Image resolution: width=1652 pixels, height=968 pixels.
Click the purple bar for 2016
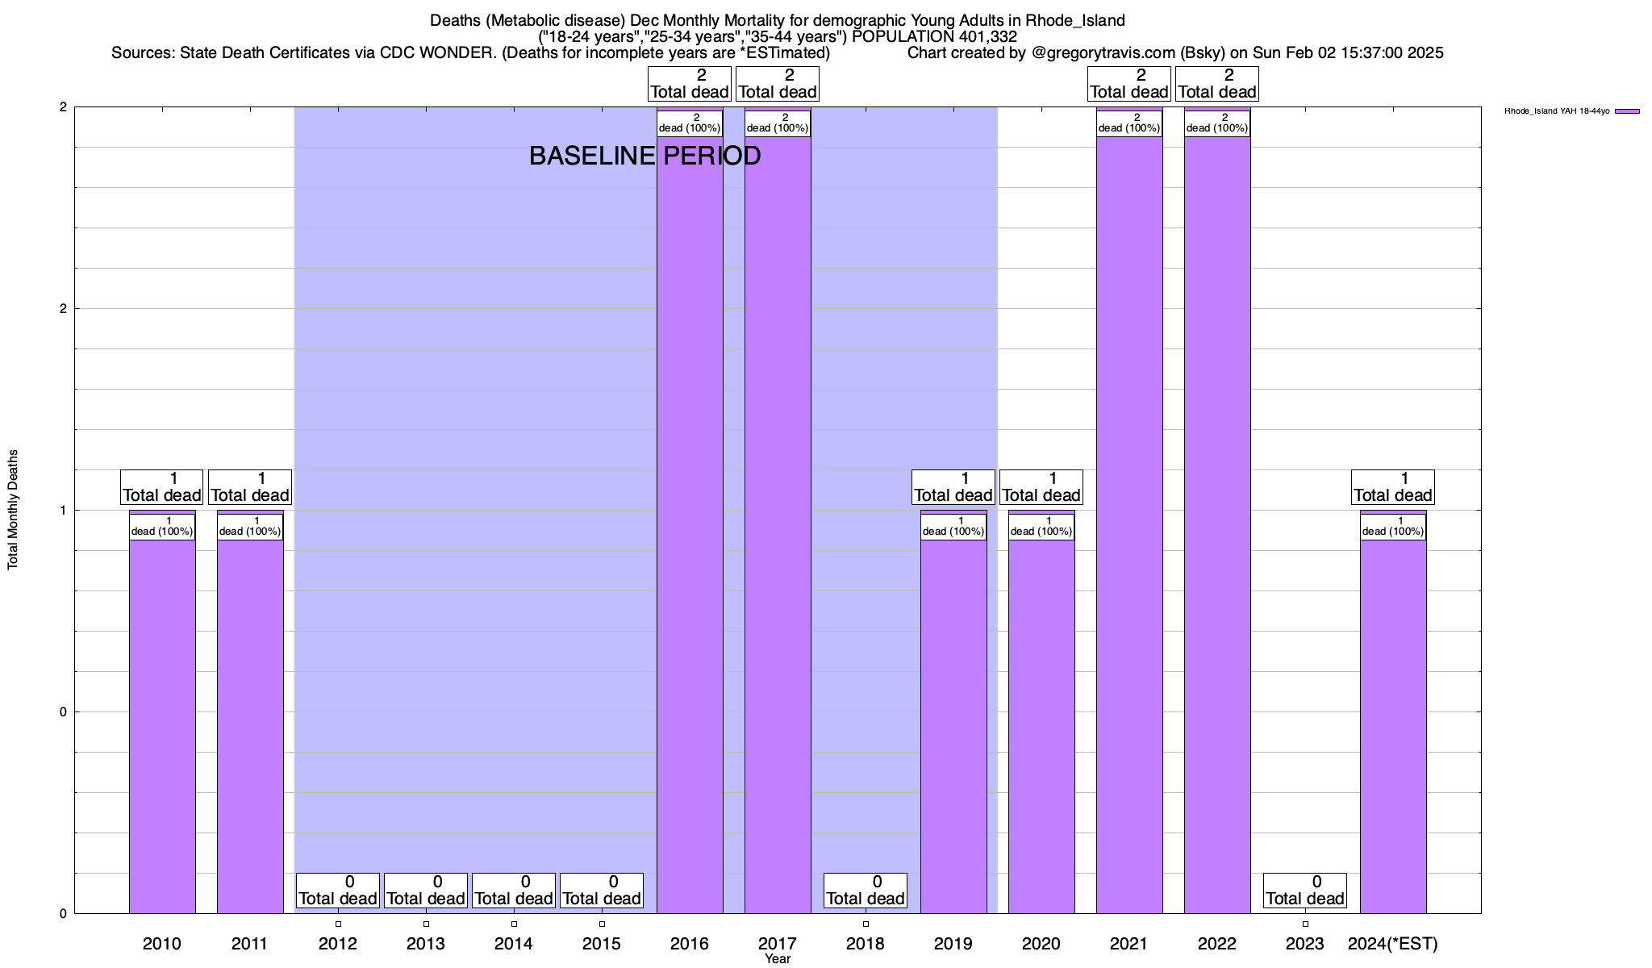(690, 524)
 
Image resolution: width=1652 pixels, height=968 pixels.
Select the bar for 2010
(162, 726)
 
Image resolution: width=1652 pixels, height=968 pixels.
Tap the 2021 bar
(1129, 524)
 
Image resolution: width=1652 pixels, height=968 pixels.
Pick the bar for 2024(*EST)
(1393, 726)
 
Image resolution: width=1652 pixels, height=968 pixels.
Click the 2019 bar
(953, 726)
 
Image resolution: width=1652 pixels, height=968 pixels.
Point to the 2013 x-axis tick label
(426, 944)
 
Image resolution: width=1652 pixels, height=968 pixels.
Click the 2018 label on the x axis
(866, 944)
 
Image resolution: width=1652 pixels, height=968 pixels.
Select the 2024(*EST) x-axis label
(1393, 944)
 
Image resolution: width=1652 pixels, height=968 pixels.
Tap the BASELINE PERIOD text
(645, 156)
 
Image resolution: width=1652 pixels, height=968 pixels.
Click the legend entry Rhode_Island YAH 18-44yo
(1557, 111)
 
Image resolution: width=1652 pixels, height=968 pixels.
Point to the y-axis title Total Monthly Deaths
(13, 510)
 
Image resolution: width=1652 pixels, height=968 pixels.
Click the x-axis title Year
(778, 959)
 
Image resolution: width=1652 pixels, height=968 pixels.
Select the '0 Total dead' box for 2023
(1304, 891)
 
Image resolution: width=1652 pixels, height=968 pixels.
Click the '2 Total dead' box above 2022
(1217, 84)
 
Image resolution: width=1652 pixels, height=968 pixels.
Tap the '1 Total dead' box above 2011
(250, 487)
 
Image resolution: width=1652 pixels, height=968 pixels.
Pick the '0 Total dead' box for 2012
(337, 891)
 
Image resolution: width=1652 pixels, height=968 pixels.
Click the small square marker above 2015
(602, 924)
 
